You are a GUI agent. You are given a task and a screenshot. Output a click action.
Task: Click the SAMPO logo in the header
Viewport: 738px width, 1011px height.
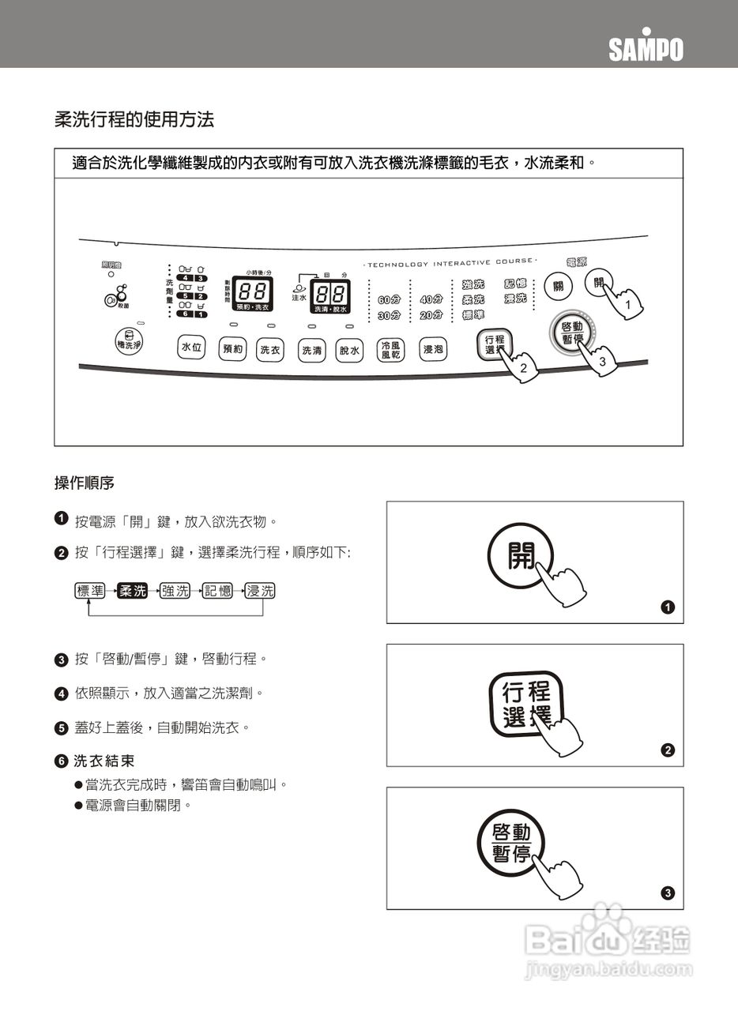[x=646, y=48]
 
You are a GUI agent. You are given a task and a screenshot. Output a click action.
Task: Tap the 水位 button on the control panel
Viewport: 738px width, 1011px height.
[x=191, y=347]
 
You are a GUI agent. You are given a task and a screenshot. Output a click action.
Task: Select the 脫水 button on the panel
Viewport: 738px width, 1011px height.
[x=348, y=350]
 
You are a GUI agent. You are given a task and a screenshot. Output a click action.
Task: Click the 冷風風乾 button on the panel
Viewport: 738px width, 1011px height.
[x=390, y=350]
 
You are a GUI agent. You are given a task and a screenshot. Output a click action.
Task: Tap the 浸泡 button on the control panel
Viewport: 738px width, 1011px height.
[x=433, y=349]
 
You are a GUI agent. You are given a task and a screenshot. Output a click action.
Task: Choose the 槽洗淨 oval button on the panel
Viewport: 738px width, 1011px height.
[x=128, y=344]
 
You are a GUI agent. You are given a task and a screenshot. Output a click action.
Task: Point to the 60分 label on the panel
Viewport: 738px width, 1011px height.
[x=388, y=300]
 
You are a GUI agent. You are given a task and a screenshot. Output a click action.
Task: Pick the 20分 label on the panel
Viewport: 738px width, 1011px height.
[x=431, y=315]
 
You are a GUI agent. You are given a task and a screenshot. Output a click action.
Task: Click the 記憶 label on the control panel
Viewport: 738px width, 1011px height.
[x=515, y=284]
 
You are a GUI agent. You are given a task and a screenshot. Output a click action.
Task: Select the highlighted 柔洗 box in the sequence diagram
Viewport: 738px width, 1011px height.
[x=132, y=591]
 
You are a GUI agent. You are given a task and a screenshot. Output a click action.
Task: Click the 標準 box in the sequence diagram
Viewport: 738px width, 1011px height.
[x=89, y=591]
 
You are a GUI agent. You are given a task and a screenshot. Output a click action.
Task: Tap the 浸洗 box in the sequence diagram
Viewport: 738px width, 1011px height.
[x=260, y=591]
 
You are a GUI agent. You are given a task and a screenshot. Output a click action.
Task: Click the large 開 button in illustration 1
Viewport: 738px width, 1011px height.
[x=520, y=558]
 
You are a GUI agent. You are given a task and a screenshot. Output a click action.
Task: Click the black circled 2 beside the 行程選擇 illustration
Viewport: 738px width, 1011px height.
[x=668, y=750]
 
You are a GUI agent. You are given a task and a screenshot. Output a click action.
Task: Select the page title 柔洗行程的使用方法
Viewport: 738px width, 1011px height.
[x=134, y=120]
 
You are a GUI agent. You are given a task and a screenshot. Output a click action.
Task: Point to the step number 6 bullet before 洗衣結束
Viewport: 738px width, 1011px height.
[x=61, y=761]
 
